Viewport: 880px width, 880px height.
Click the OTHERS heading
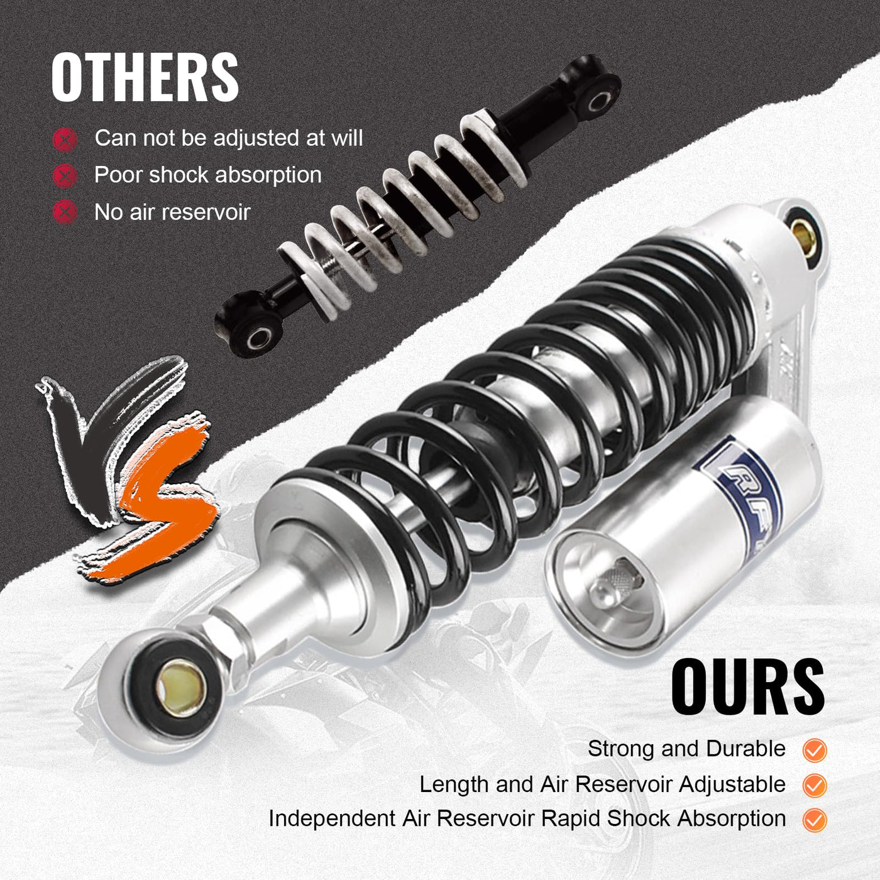tap(145, 77)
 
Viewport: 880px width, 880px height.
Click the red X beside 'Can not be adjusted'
tap(65, 140)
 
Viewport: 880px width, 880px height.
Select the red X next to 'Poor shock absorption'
tap(65, 176)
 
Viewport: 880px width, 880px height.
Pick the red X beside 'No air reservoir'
tap(65, 212)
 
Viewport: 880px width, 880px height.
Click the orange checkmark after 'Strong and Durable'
tap(815, 751)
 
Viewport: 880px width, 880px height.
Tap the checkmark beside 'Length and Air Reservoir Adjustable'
tap(815, 786)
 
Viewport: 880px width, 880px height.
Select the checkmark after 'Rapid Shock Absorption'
tap(815, 820)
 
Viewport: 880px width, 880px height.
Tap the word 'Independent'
tap(331, 820)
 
